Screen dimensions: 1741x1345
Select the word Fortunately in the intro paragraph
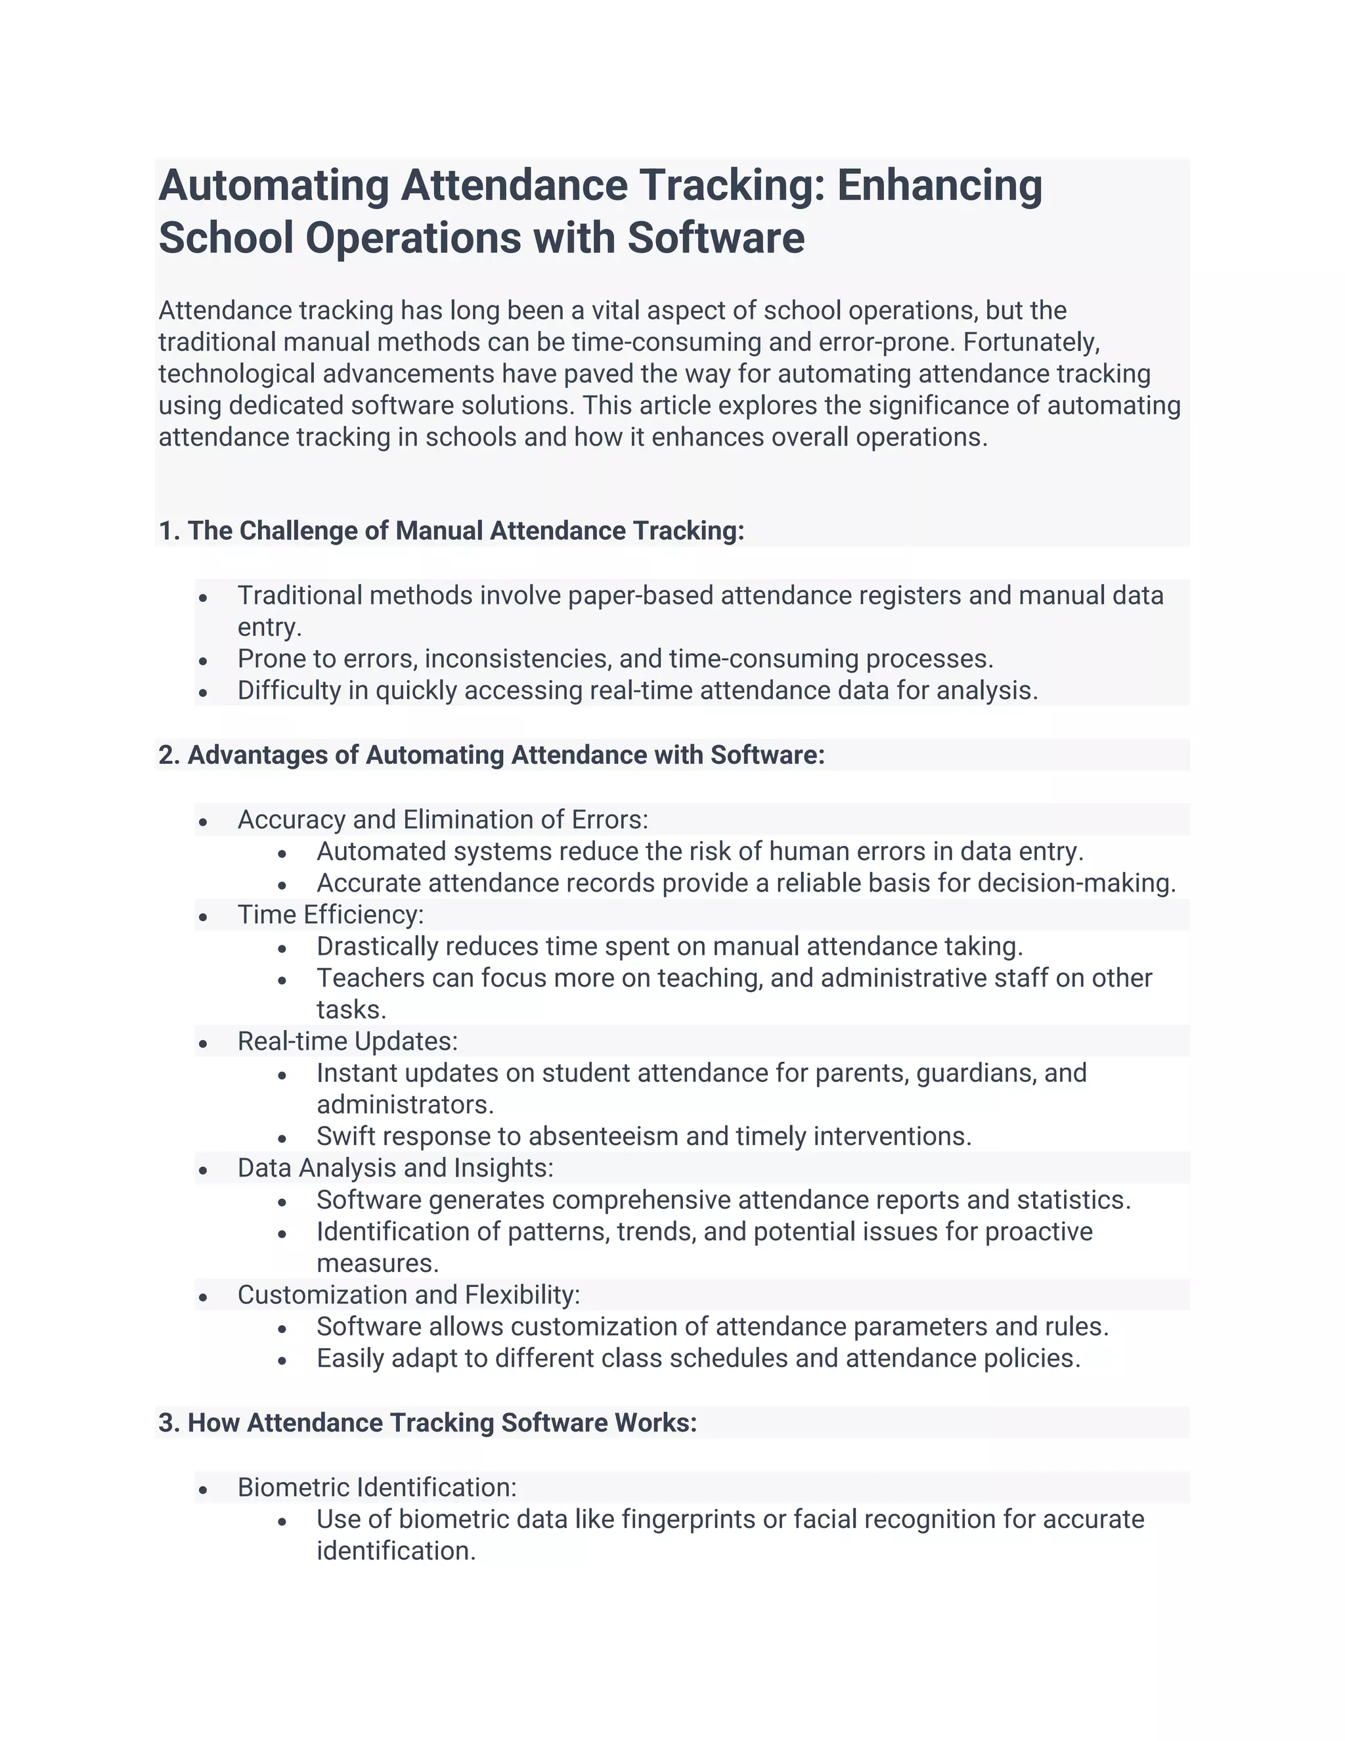coord(1030,342)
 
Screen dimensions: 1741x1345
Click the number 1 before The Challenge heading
coord(165,531)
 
